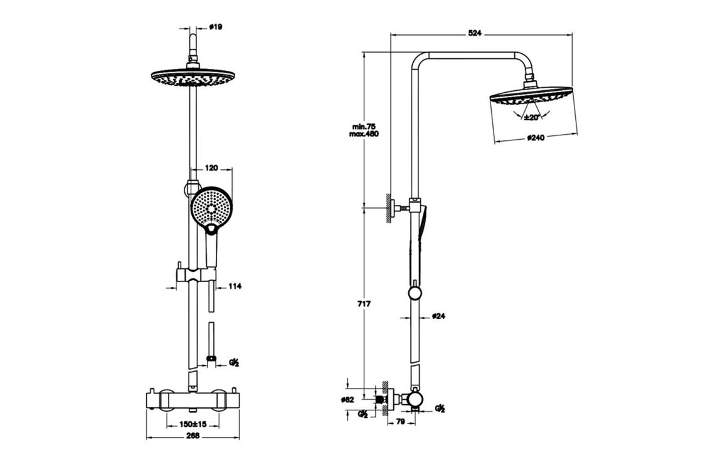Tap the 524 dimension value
[474, 33]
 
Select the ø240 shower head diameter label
[536, 137]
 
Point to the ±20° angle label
[532, 117]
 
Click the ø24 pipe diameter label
[439, 316]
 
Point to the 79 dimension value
[400, 422]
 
